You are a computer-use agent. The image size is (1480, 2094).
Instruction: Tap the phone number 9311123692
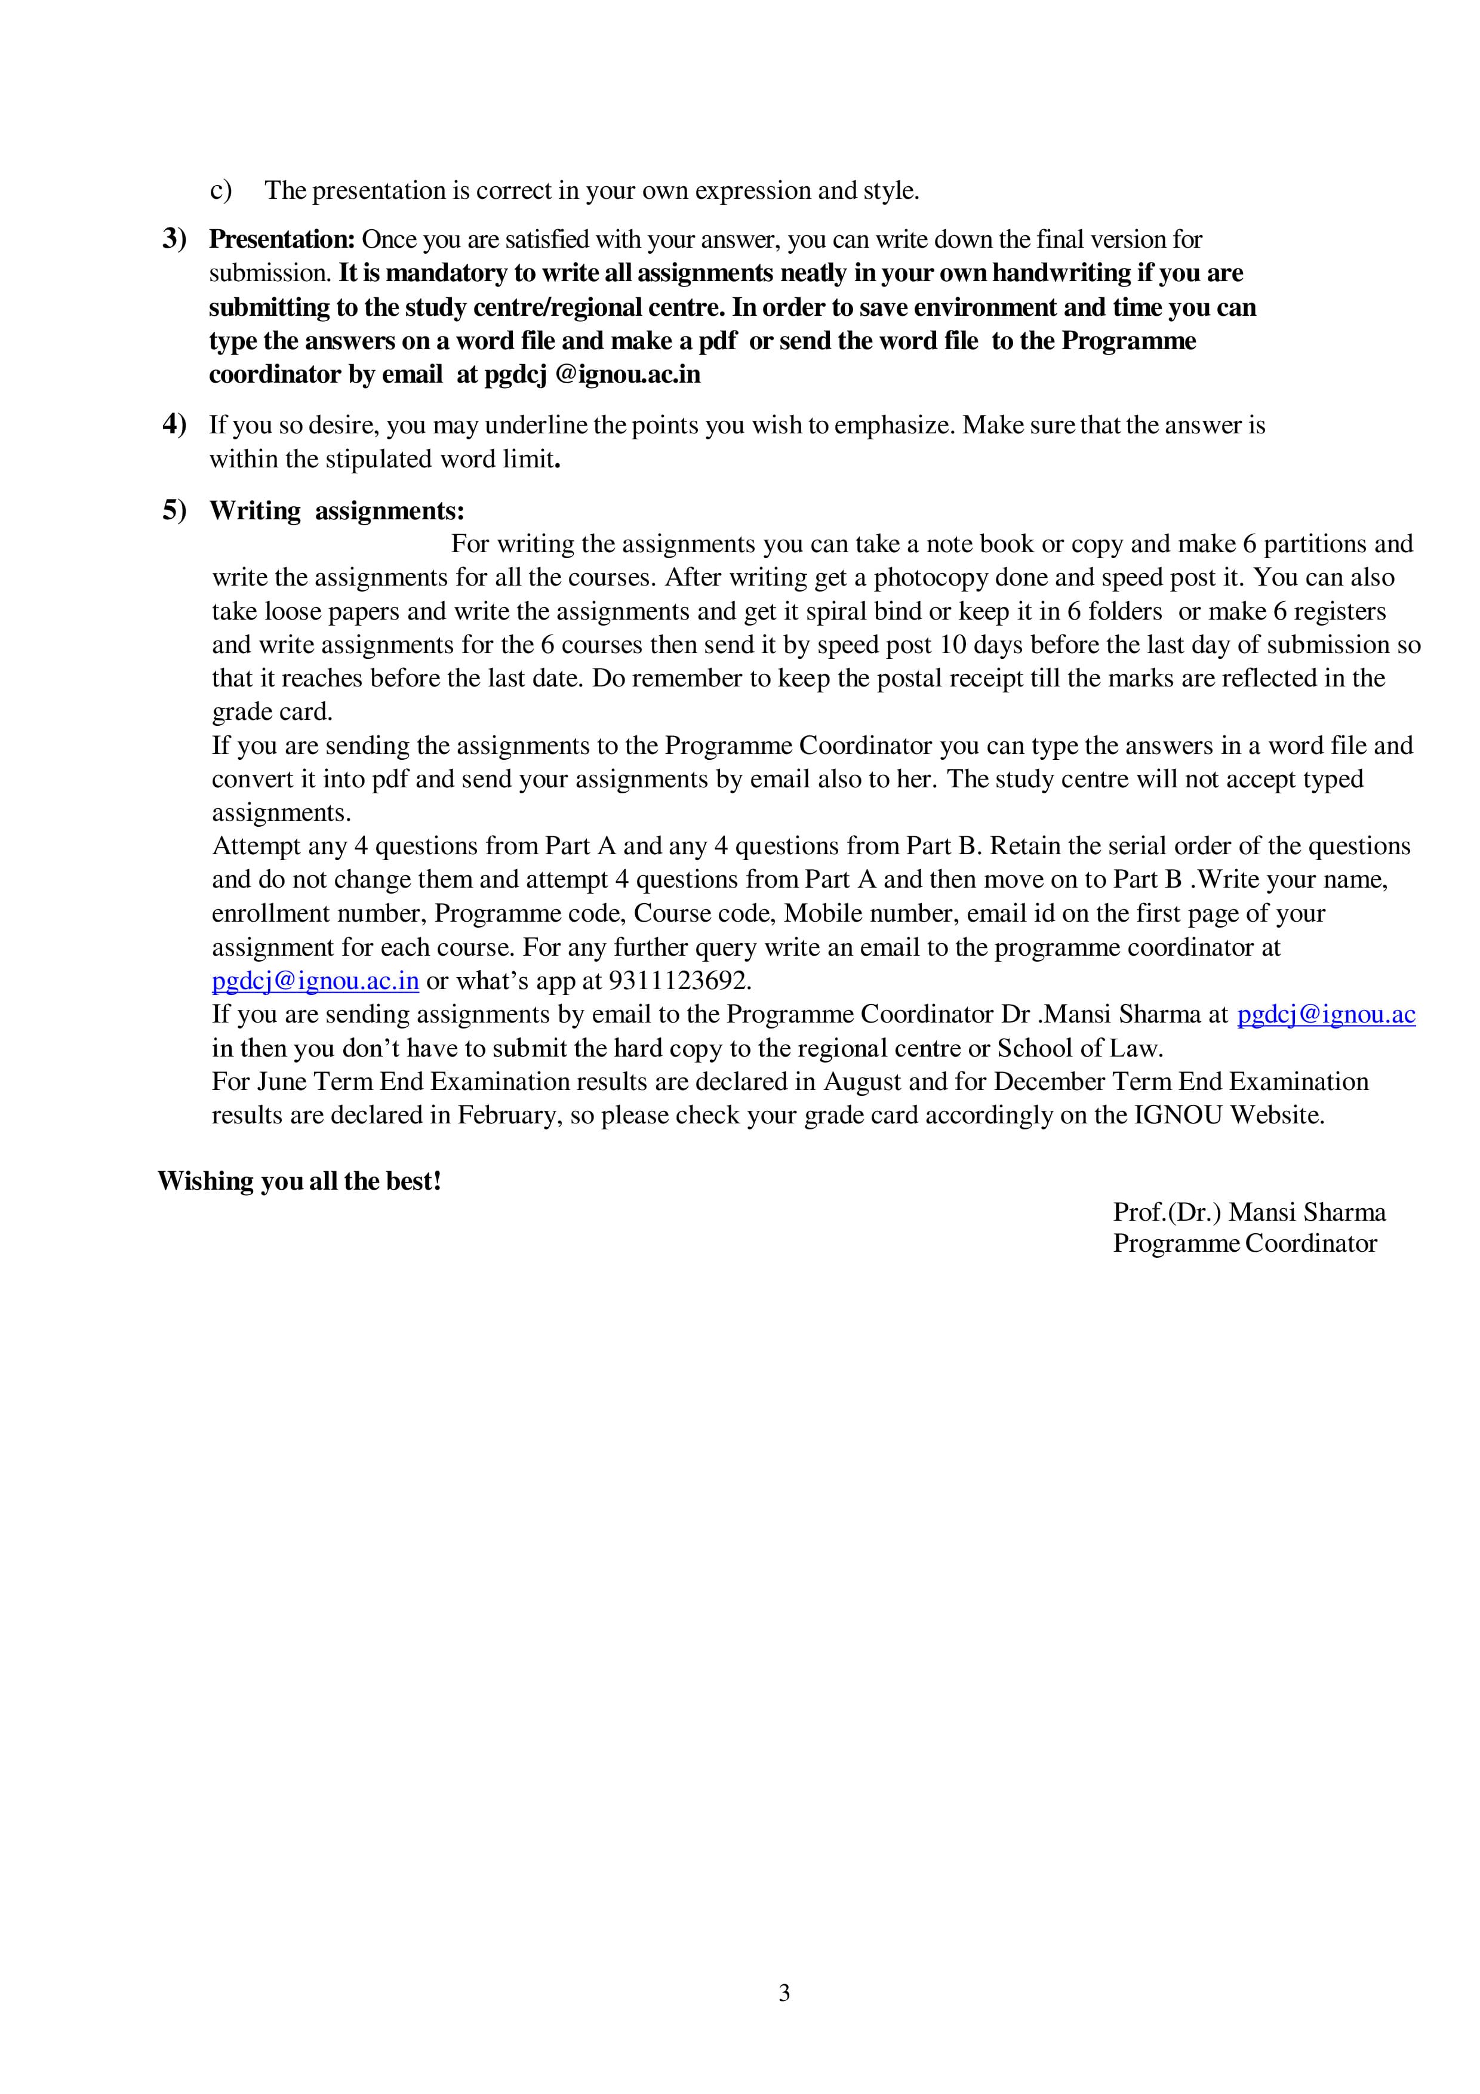679,981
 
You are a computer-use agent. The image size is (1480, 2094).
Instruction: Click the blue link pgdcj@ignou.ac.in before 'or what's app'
315,981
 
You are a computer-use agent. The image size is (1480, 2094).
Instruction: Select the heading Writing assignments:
337,511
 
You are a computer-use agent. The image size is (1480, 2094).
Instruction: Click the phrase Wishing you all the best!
299,1181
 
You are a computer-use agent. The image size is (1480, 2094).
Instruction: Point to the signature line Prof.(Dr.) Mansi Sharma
1250,1212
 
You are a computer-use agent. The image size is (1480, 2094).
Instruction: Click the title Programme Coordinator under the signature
1245,1244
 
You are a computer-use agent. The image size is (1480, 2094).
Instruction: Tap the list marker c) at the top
221,190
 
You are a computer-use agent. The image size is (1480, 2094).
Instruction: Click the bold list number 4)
174,425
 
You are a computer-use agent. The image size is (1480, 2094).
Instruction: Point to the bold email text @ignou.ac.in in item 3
627,375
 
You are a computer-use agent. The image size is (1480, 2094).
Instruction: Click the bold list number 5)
174,511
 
